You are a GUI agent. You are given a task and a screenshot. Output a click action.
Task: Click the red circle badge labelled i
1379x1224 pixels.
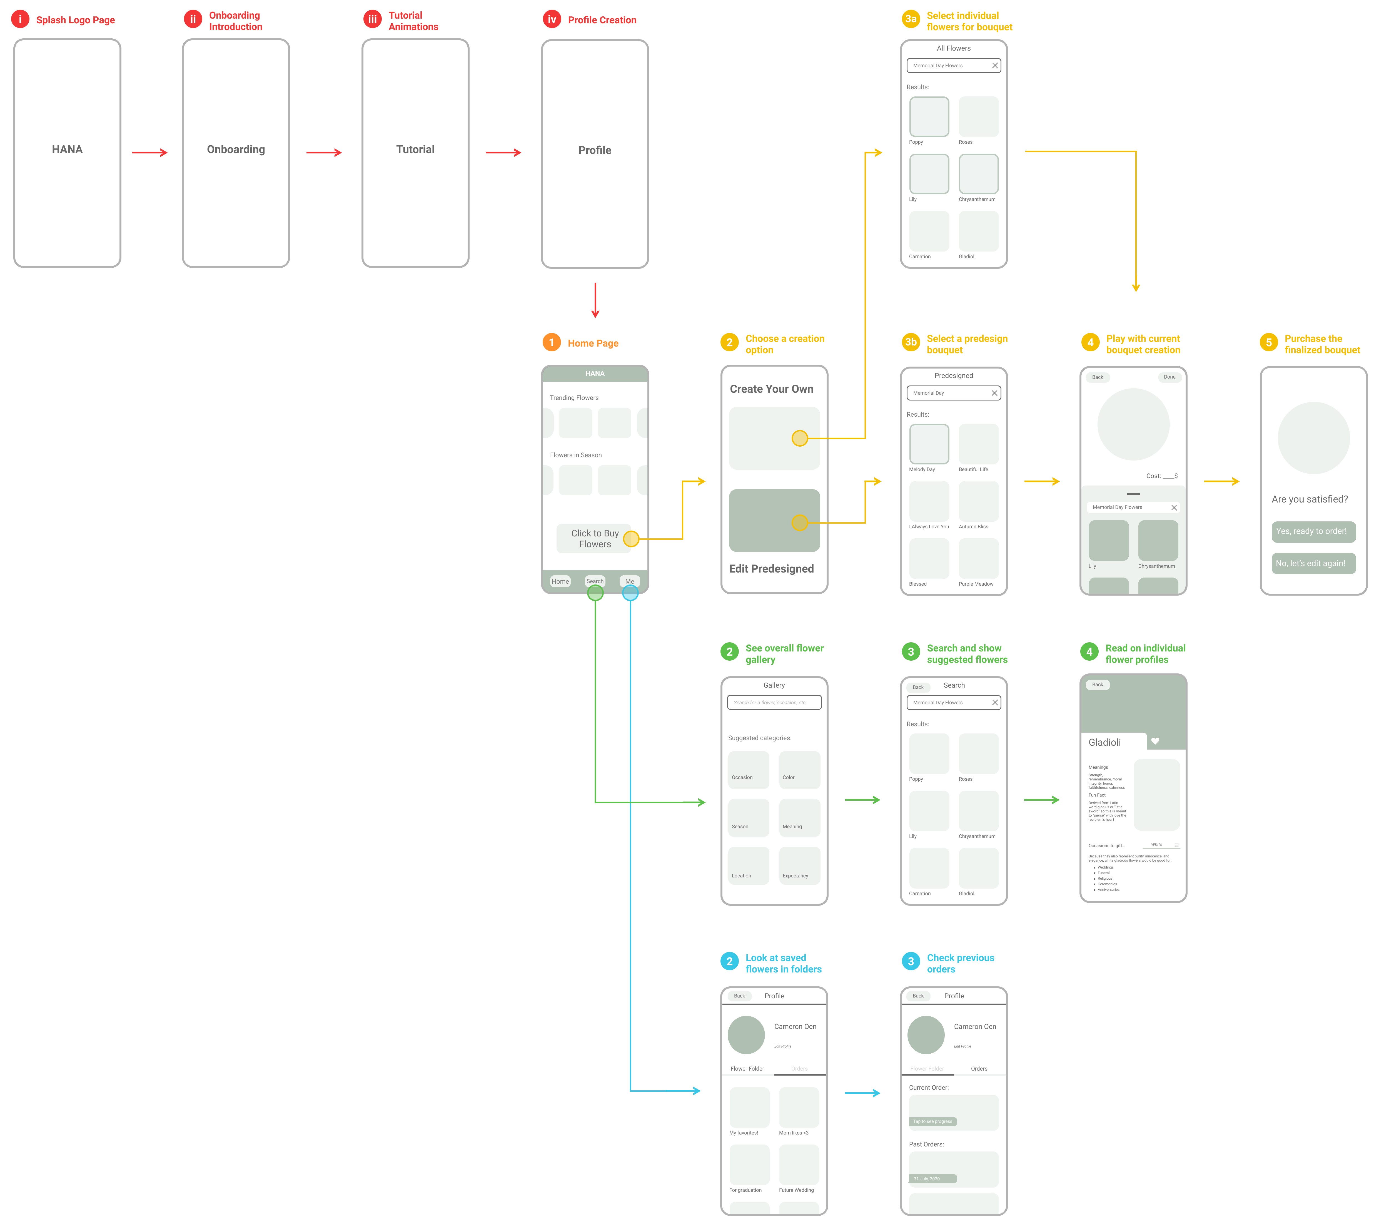tap(20, 19)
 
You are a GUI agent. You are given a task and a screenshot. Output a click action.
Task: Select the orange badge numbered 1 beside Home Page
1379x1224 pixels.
tap(551, 343)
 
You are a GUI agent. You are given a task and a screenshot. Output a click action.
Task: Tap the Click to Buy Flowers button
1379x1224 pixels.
tap(594, 538)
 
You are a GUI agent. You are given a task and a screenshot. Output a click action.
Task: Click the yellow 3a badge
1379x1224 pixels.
tap(911, 19)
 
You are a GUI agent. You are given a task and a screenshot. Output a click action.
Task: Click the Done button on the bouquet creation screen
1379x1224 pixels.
tap(1169, 377)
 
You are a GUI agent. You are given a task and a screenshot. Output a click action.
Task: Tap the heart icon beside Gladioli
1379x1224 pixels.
tap(1155, 741)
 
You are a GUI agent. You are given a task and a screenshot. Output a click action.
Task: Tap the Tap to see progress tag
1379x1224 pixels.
tap(933, 1121)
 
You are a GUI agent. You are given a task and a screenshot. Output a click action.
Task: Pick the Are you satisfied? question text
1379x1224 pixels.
tap(1310, 499)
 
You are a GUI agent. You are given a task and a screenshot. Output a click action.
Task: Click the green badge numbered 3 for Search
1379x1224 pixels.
tap(911, 652)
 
